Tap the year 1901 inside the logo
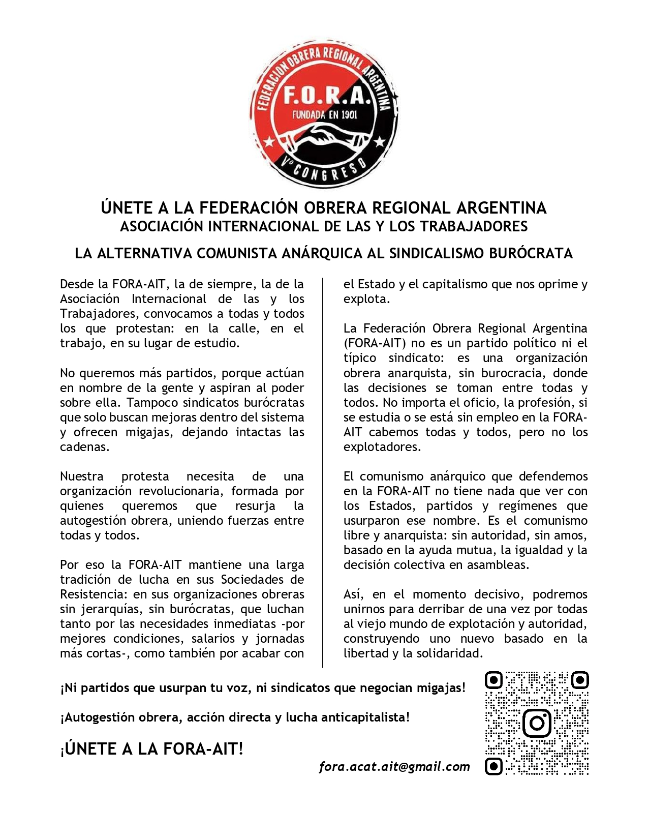(348, 114)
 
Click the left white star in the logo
(270, 140)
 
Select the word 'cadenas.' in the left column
(85, 447)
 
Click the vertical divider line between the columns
(323, 473)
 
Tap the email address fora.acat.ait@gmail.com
(394, 766)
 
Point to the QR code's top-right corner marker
(580, 680)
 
